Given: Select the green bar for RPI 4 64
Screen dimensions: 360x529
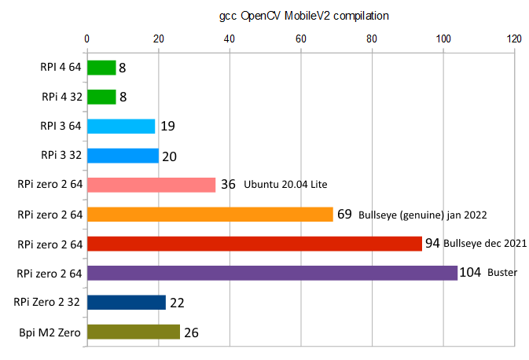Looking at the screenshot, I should point(101,68).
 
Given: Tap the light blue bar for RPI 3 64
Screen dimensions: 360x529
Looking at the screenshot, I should point(121,126).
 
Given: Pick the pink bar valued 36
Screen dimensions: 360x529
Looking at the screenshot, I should point(151,185).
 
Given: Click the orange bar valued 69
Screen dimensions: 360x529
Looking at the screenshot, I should point(210,214).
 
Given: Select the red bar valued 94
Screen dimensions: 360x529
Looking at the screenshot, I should point(254,244).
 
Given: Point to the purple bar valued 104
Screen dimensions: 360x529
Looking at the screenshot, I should point(272,273).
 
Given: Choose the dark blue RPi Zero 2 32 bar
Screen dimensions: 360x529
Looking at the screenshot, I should point(126,303).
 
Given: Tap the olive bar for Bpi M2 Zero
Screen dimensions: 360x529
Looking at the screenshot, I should point(133,332).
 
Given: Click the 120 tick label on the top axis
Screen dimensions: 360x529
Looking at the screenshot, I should point(515,37).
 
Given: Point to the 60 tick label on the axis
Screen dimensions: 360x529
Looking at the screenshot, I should point(301,37).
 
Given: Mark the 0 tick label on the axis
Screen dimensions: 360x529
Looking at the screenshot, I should point(86,37).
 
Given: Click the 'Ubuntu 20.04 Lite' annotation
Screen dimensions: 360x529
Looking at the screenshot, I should point(285,185).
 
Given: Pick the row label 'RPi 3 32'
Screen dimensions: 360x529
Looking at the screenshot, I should point(61,156).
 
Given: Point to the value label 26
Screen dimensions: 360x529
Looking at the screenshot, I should point(191,332).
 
